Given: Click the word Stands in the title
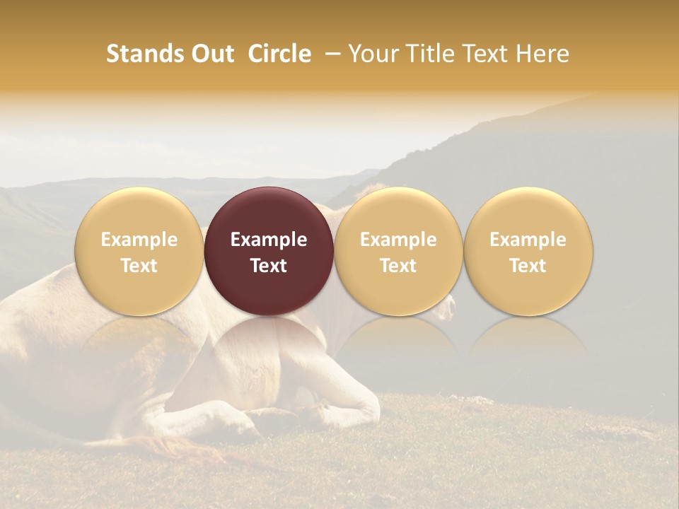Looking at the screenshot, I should pyautogui.click(x=144, y=54).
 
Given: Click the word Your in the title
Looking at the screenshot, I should pyautogui.click(x=374, y=54).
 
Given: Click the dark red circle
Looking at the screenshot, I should pyautogui.click(x=269, y=252).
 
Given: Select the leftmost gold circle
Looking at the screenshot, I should pyautogui.click(x=139, y=252).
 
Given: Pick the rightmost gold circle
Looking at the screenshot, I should pyautogui.click(x=528, y=252).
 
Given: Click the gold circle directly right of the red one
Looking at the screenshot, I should pyautogui.click(x=398, y=252).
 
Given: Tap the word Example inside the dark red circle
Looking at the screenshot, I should pyautogui.click(x=269, y=240).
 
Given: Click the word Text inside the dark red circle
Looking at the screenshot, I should pyautogui.click(x=269, y=266).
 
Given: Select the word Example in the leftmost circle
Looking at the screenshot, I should pyautogui.click(x=139, y=240).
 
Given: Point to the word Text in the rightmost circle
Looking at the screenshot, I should pyautogui.click(x=528, y=266).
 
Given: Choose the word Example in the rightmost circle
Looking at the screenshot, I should pyautogui.click(x=528, y=240).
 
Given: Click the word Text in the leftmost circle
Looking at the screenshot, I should pyautogui.click(x=139, y=266).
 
